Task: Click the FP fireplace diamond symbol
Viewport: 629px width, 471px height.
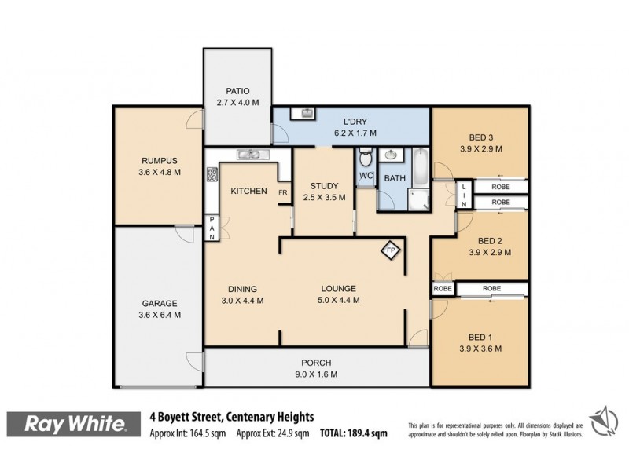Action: pyautogui.click(x=391, y=251)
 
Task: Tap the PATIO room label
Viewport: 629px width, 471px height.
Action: pyautogui.click(x=237, y=91)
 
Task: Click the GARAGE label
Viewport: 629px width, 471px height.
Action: pyautogui.click(x=159, y=303)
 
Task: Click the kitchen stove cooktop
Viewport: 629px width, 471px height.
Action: pyautogui.click(x=212, y=175)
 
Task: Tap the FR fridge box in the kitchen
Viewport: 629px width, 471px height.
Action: pyautogui.click(x=283, y=192)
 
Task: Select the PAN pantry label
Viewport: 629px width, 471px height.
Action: pyautogui.click(x=212, y=228)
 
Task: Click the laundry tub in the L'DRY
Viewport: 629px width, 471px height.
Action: pyautogui.click(x=305, y=115)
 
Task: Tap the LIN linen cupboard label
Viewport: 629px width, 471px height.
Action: pyautogui.click(x=464, y=195)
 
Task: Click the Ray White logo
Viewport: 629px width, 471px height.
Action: pyautogui.click(x=75, y=424)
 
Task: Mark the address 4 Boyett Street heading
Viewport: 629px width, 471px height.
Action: pyautogui.click(x=232, y=417)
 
